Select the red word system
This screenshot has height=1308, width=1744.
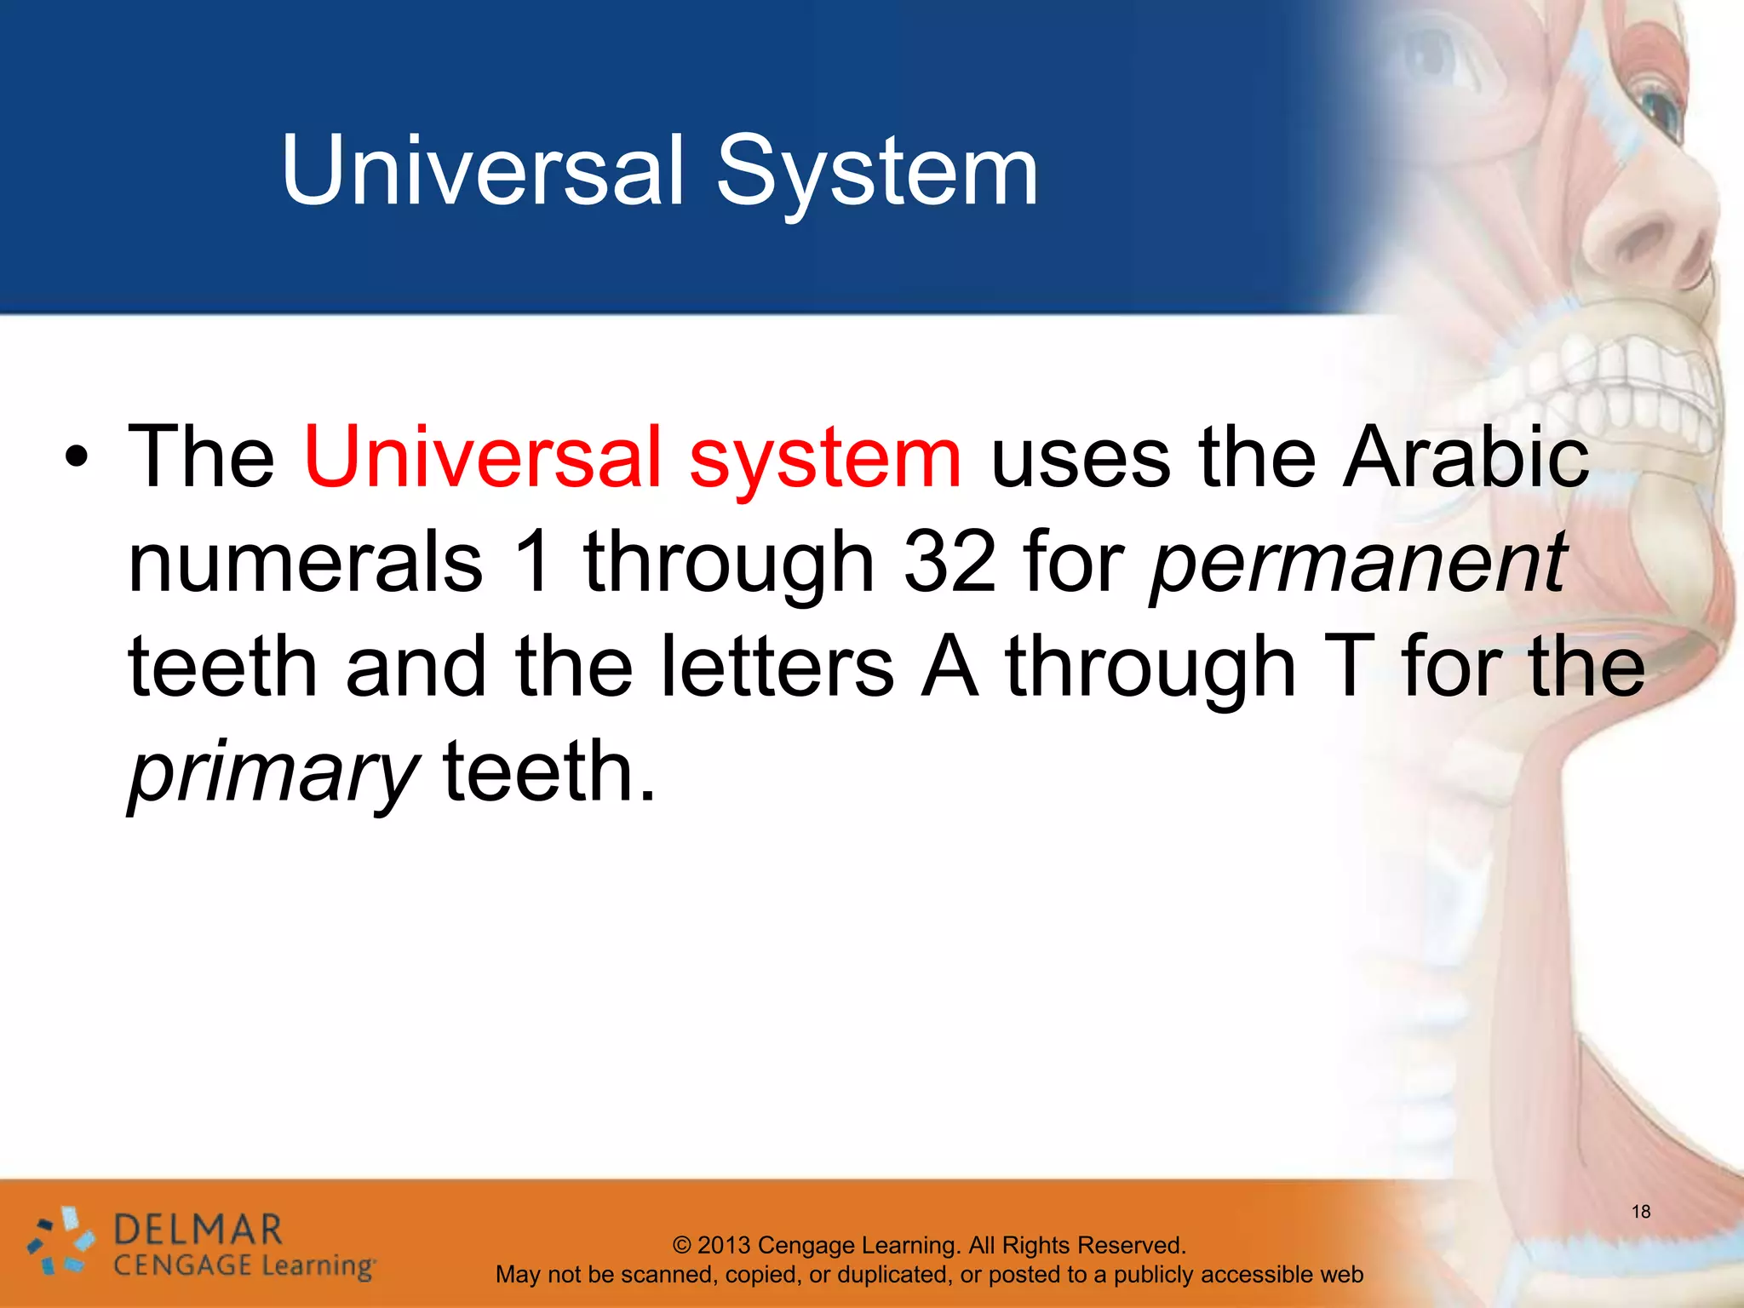pyautogui.click(x=824, y=460)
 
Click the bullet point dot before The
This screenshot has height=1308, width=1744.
pyautogui.click(x=77, y=460)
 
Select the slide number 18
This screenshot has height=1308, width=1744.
pyautogui.click(x=1640, y=1211)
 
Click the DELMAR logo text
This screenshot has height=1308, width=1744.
pyautogui.click(x=198, y=1231)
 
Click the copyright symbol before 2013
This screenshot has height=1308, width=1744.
pyautogui.click(x=681, y=1245)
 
